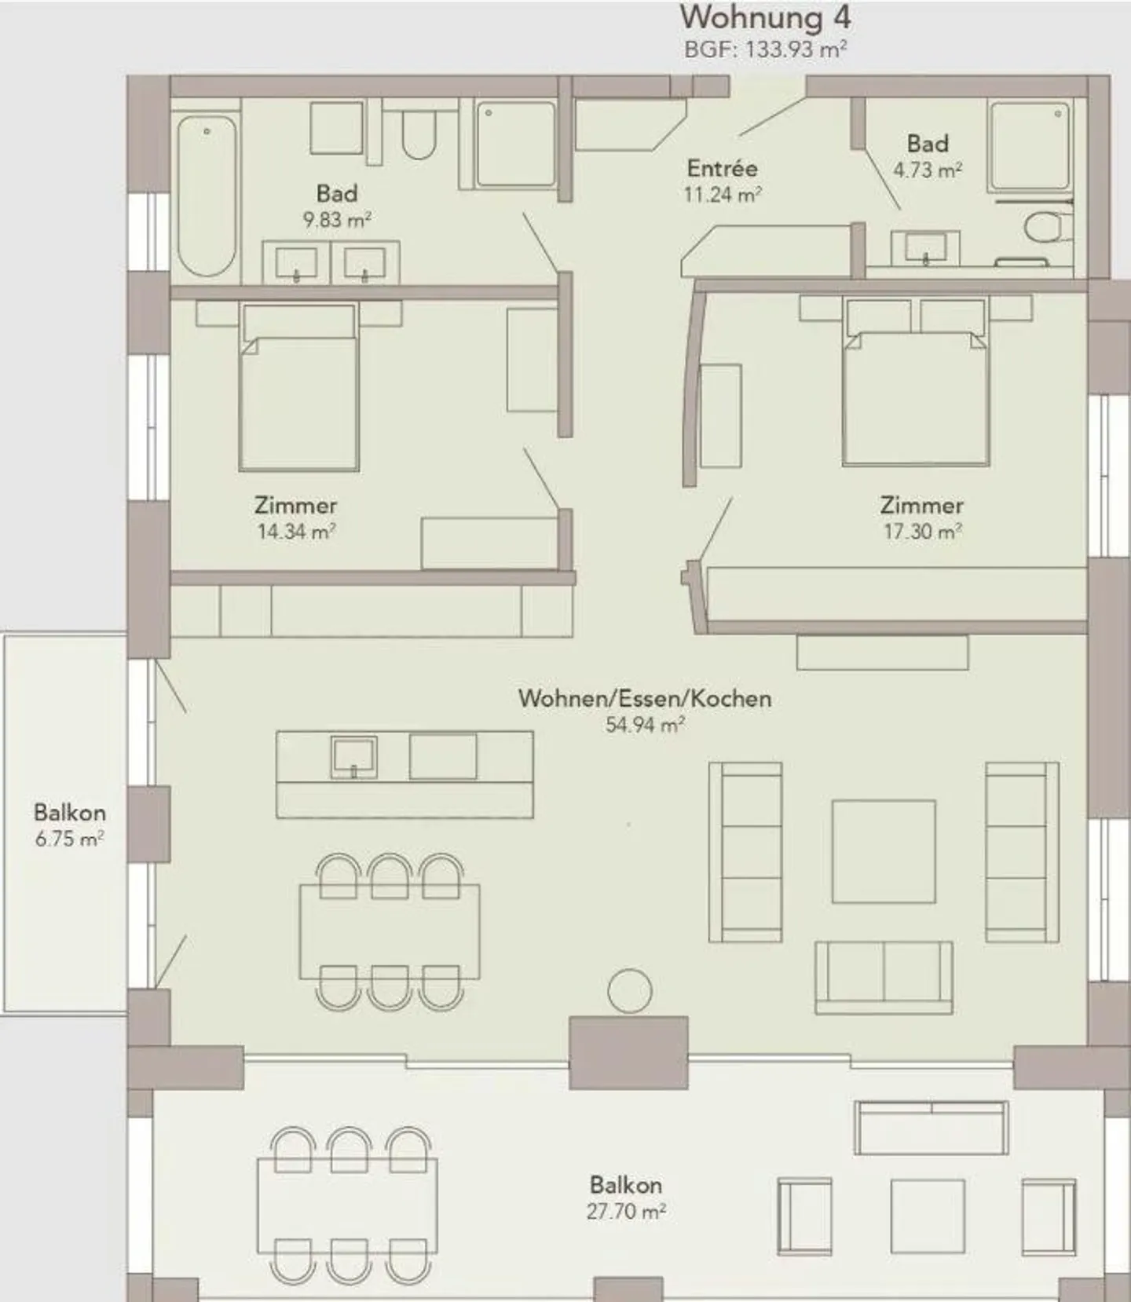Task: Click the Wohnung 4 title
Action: coord(765,17)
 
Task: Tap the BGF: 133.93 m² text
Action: coord(765,49)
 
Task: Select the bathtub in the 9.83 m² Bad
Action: coord(207,195)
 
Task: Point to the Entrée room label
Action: coord(722,168)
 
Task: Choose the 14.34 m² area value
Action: coord(296,532)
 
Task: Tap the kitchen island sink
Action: coord(353,757)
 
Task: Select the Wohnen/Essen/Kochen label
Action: coord(644,698)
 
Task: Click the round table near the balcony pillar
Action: coord(629,991)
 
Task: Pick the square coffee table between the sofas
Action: coord(884,851)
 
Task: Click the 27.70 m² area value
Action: coord(626,1211)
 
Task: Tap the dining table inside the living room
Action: coord(390,931)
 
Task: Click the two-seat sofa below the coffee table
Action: coord(884,978)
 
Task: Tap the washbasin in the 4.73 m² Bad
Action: coord(925,248)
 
